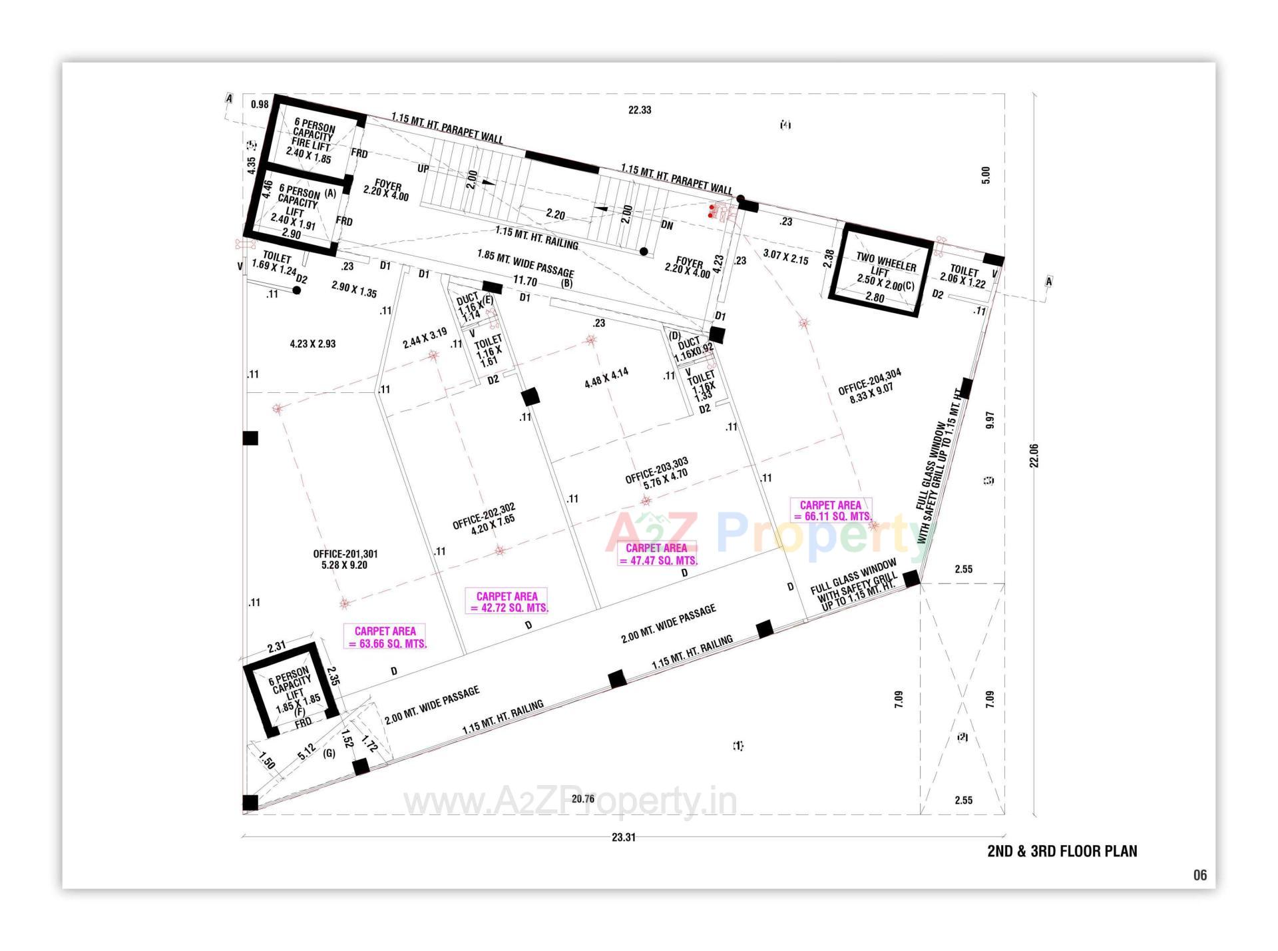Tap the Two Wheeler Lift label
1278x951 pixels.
point(885,269)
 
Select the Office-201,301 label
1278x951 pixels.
point(345,559)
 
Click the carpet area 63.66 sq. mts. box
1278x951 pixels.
point(385,637)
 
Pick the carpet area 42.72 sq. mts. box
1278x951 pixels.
point(507,602)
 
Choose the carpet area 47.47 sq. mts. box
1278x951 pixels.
point(656,554)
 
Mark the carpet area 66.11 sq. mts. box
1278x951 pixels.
point(831,511)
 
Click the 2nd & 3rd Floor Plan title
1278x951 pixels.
point(1062,851)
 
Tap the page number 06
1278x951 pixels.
point(1199,875)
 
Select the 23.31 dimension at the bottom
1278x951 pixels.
point(623,837)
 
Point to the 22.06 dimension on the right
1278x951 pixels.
point(1034,456)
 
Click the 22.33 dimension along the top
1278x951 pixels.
point(639,110)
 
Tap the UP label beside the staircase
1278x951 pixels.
point(423,169)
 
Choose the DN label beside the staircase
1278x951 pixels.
point(667,226)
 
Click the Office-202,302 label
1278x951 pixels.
point(484,517)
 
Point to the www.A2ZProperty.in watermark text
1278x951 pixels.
point(570,802)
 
